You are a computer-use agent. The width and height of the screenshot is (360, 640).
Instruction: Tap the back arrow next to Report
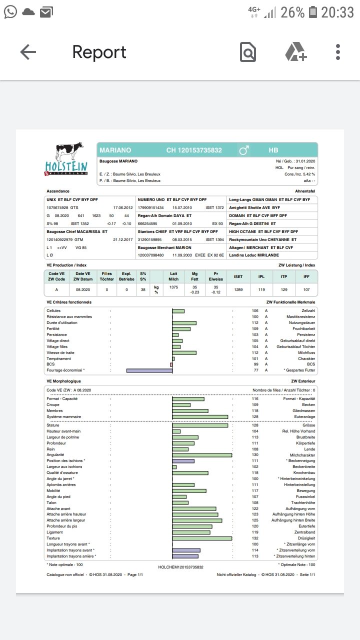tap(28, 52)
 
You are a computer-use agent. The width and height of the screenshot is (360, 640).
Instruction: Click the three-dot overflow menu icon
tap(338, 52)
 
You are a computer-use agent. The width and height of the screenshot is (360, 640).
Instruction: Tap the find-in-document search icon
tap(248, 52)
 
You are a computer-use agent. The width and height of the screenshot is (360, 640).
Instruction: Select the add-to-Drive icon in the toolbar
tap(295, 52)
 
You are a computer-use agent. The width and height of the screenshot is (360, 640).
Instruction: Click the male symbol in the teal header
tap(244, 150)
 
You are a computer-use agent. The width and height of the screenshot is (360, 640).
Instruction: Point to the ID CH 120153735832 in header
tap(194, 150)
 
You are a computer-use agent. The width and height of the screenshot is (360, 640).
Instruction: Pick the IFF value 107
tap(306, 289)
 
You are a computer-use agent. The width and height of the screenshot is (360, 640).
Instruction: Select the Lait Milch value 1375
tap(173, 287)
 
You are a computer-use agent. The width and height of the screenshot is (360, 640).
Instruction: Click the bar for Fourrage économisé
tap(149, 370)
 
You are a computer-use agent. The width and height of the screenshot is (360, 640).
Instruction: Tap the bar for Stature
tap(200, 425)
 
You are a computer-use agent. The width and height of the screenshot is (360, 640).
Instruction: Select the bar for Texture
tap(202, 538)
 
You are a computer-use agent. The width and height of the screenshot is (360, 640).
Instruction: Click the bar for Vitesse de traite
tap(184, 352)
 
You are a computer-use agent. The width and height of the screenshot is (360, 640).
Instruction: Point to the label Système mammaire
tap(63, 416)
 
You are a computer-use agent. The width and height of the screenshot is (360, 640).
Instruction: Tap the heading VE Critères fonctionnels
tap(69, 302)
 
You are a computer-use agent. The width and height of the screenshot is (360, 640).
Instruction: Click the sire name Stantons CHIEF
tap(153, 231)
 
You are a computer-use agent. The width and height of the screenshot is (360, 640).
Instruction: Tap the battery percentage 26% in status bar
tap(292, 12)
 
